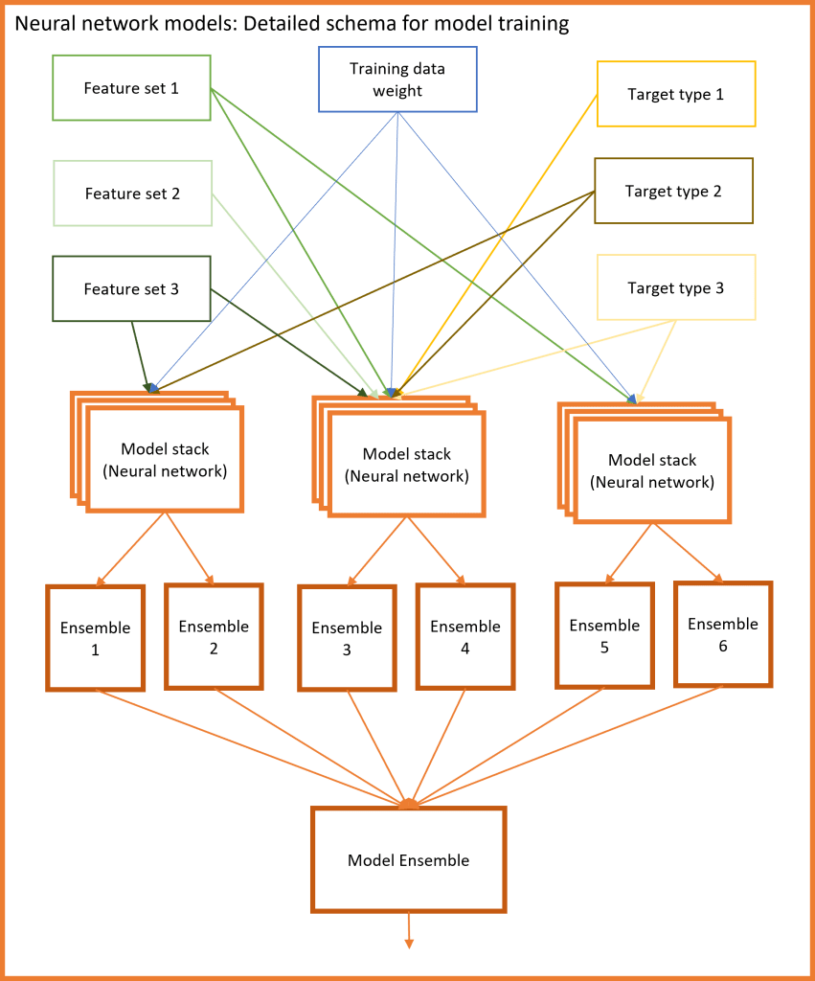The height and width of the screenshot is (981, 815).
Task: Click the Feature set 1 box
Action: [131, 88]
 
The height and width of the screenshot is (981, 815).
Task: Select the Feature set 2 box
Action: [132, 194]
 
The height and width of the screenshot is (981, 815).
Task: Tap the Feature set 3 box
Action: [131, 288]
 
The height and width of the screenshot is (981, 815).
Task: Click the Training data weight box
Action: [397, 80]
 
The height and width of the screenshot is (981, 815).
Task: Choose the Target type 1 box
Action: [676, 94]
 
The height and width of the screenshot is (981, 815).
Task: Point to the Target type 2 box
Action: [673, 191]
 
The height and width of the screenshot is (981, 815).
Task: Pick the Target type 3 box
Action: [676, 287]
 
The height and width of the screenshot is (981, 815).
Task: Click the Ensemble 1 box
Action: [95, 638]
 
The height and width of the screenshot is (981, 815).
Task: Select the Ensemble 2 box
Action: [214, 637]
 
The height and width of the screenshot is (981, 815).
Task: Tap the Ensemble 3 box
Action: [347, 639]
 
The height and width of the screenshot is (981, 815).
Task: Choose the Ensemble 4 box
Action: [465, 637]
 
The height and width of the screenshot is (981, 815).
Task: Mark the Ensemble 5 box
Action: [604, 636]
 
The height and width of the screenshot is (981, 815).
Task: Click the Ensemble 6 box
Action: [722, 634]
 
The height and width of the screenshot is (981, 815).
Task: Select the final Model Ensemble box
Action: [408, 860]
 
